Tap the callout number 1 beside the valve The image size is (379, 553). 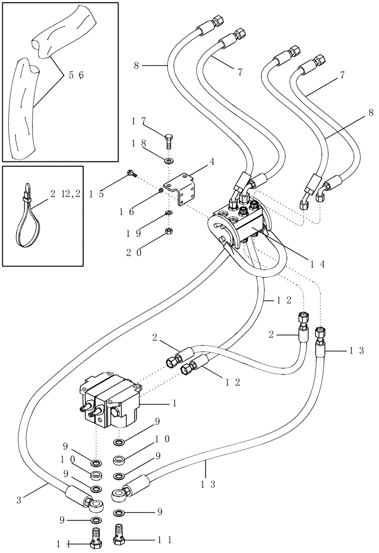[x=175, y=404]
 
